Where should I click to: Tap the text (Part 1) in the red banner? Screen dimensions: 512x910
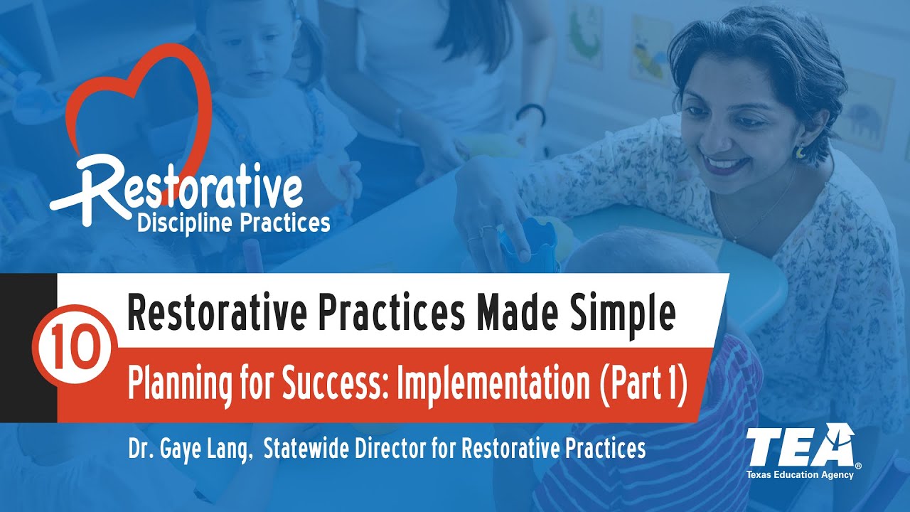[x=642, y=385]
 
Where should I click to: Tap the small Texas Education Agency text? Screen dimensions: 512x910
[x=799, y=474]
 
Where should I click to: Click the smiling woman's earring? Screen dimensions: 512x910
[x=801, y=151]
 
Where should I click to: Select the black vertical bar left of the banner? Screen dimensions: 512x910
[x=28, y=348]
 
